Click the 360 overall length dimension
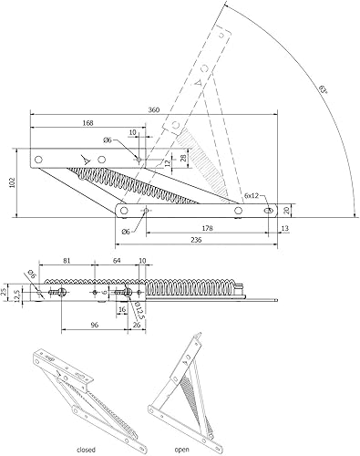[x=154, y=109]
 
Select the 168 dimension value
[x=87, y=123]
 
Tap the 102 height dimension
[x=13, y=182]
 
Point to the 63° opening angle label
[x=324, y=89]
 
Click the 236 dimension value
[x=197, y=240]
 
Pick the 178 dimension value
[x=207, y=228]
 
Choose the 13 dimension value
[x=285, y=228]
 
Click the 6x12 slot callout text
[x=252, y=195]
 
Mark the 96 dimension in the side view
[x=95, y=325]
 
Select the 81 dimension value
[x=67, y=261]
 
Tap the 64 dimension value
[x=117, y=261]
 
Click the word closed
[x=86, y=450]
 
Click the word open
[x=181, y=450]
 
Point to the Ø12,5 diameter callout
[x=139, y=310]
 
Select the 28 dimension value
[x=183, y=157]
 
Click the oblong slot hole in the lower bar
[x=268, y=211]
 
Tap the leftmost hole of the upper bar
[x=38, y=159]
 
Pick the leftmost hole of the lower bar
[x=124, y=210]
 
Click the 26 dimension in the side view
[x=137, y=325]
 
